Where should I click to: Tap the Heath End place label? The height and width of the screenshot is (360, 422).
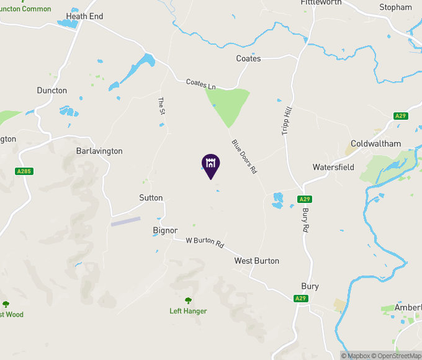pyautogui.click(x=84, y=16)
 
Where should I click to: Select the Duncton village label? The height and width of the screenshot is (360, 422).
pyautogui.click(x=52, y=91)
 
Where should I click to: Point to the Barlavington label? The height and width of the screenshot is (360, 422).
pyautogui.click(x=99, y=151)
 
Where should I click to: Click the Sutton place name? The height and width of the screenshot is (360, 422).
pyautogui.click(x=151, y=198)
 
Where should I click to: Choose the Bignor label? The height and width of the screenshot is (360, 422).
pyautogui.click(x=165, y=230)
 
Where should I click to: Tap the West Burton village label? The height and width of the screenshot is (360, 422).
pyautogui.click(x=257, y=261)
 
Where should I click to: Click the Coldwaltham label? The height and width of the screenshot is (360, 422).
pyautogui.click(x=376, y=144)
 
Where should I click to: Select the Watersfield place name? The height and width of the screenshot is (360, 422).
pyautogui.click(x=333, y=168)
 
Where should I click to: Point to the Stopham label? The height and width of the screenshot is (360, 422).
pyautogui.click(x=395, y=7)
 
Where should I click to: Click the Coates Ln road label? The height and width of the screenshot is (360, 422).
pyautogui.click(x=200, y=83)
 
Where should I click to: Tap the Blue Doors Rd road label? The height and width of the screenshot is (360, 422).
pyautogui.click(x=244, y=156)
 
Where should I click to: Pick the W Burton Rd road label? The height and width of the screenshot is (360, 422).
pyautogui.click(x=205, y=242)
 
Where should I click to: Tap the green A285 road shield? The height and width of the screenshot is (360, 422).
pyautogui.click(x=24, y=171)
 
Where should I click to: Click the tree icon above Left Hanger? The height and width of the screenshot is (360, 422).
pyautogui.click(x=188, y=300)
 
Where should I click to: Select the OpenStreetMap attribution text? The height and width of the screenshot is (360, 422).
pyautogui.click(x=397, y=356)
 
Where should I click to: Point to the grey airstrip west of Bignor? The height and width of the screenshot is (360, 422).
pyautogui.click(x=126, y=220)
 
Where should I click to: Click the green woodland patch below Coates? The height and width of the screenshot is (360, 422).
pyautogui.click(x=227, y=102)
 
